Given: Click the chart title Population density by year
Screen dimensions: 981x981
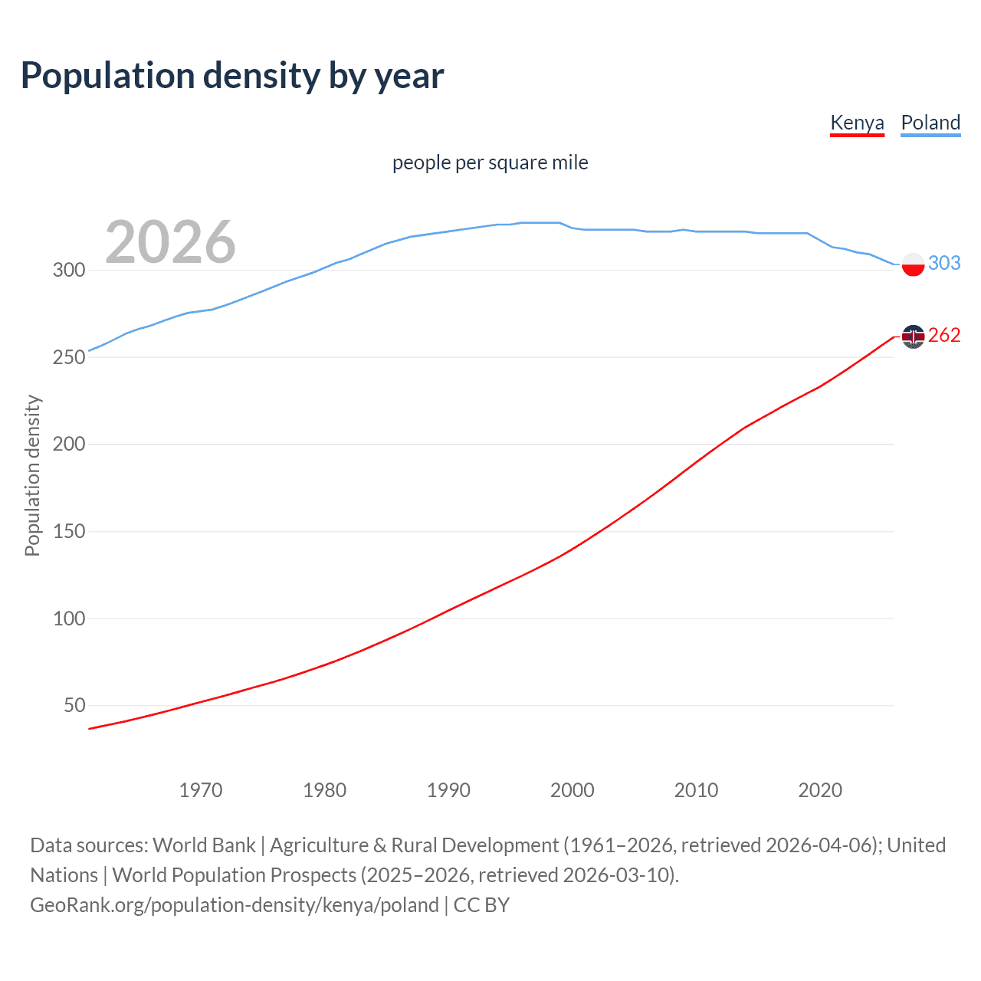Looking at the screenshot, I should (232, 76).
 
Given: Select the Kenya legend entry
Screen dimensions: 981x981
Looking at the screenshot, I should (857, 123).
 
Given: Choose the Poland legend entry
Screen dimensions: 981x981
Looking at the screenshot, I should (930, 123).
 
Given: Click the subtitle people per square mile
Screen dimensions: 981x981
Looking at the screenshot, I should (490, 162).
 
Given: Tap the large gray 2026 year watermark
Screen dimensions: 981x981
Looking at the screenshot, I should (170, 242).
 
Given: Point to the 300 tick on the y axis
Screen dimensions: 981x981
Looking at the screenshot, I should (68, 270).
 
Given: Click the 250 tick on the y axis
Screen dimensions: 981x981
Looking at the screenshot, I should (68, 357).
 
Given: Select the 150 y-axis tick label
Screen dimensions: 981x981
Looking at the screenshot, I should (68, 531).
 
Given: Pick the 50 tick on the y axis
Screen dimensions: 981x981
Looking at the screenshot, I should (74, 705).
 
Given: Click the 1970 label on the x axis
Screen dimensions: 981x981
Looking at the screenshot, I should (201, 790).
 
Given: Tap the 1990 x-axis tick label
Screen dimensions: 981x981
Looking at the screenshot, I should (448, 790).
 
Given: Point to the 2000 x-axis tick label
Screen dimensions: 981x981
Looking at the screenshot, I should (573, 790).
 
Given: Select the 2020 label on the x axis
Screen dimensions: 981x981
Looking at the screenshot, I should (820, 790).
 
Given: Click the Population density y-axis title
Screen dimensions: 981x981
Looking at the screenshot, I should (32, 475).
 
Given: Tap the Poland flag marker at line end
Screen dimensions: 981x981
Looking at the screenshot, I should (913, 264).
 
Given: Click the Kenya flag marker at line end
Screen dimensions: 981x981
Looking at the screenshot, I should (913, 336).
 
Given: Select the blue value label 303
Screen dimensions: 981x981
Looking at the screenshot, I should (944, 263).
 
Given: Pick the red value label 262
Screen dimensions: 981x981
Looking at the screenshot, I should (944, 335).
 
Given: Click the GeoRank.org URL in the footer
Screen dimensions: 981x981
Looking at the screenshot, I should (235, 905).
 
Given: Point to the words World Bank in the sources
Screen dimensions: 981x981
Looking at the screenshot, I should (204, 845).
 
